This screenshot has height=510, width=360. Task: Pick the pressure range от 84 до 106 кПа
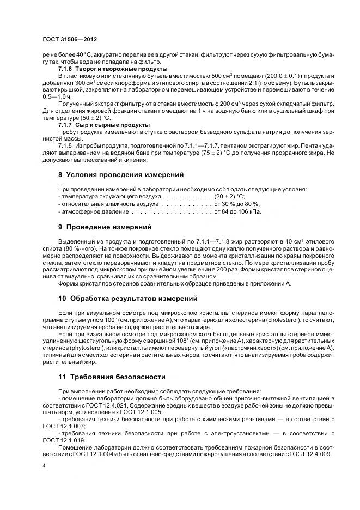point(237,211)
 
